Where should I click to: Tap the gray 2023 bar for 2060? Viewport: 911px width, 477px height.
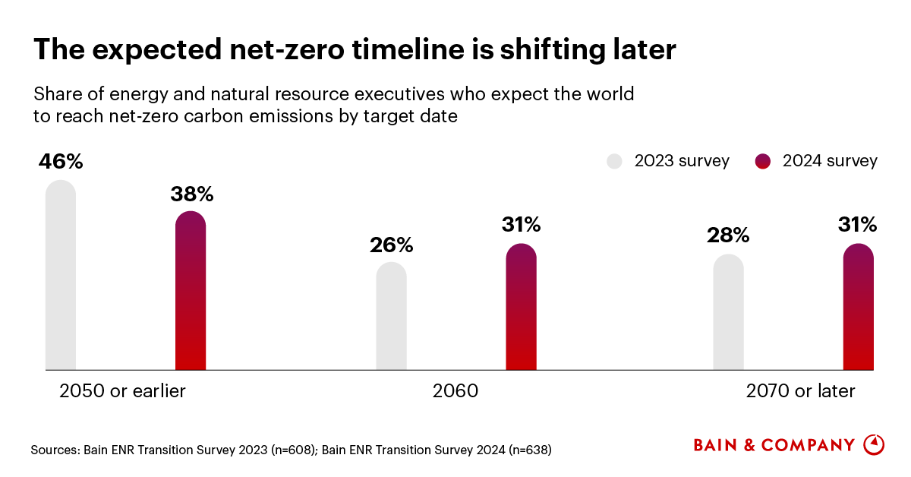click(x=391, y=316)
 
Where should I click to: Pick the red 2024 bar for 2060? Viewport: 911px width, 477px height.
click(x=521, y=307)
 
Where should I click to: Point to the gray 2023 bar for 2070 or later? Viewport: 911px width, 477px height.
click(x=728, y=312)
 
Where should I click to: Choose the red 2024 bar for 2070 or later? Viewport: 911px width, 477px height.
click(x=858, y=307)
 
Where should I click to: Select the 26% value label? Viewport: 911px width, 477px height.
click(x=391, y=245)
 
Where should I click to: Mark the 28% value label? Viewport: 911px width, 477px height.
click(x=727, y=235)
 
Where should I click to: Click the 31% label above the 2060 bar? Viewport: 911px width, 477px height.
click(x=521, y=225)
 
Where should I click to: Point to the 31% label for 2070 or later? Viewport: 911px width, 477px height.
click(x=857, y=225)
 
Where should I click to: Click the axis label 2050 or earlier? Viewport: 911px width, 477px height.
click(x=122, y=391)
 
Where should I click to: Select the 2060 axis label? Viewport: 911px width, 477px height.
click(x=455, y=391)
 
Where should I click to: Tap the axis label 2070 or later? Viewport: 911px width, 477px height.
click(x=800, y=391)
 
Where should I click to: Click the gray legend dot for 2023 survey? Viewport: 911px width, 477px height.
click(x=614, y=161)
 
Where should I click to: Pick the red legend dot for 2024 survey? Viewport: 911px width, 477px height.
click(x=763, y=161)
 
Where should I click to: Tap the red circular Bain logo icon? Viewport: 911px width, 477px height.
click(x=874, y=444)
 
